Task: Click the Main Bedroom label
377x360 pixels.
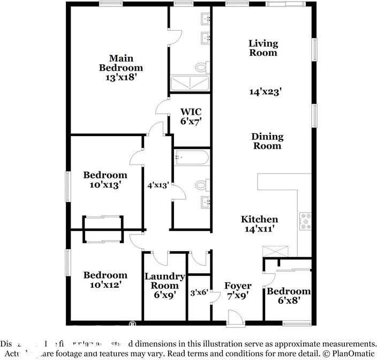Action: point(120,67)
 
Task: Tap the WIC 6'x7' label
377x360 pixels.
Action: point(191,116)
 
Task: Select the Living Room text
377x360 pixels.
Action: point(263,48)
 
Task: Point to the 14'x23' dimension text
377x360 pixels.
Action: point(265,92)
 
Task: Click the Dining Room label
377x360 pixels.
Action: point(267,141)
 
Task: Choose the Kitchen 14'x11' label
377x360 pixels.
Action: point(259,224)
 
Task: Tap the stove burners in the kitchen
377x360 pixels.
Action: point(306,221)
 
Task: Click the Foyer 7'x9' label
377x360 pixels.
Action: point(238,290)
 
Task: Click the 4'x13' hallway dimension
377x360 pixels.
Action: point(158,185)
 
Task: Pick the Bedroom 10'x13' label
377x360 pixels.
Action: point(105,180)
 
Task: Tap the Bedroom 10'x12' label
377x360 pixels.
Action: point(105,280)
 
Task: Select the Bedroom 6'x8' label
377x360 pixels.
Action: point(289,296)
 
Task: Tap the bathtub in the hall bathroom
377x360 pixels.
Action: point(192,159)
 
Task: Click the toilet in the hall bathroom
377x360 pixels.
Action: point(201,185)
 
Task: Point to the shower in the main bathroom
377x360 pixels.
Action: point(189,84)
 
